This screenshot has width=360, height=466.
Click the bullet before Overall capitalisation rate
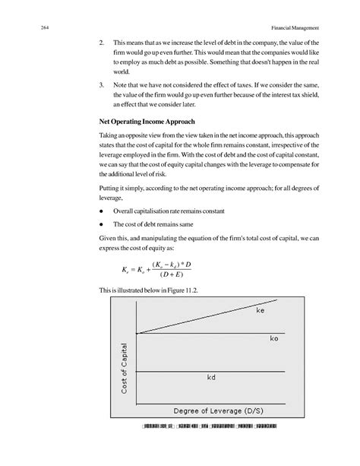pyautogui.click(x=102, y=210)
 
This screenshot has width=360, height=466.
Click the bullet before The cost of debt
pyautogui.click(x=102, y=224)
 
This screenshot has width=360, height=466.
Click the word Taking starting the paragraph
pyautogui.click(x=109, y=135)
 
